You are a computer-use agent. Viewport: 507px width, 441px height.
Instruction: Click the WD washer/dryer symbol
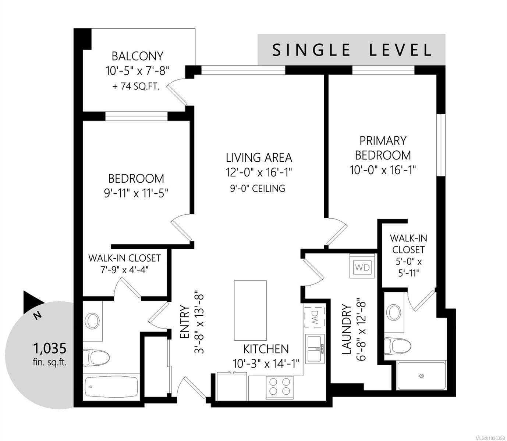pos(362,267)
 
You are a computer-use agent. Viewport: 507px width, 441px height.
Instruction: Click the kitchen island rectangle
pos(250,310)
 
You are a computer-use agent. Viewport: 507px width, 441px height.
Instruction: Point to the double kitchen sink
pos(315,348)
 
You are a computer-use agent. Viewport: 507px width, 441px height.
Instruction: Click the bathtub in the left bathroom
pos(111,387)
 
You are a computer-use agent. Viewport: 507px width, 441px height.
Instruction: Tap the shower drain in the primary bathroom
pos(421,376)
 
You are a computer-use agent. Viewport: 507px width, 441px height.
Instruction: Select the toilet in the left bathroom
pos(96,357)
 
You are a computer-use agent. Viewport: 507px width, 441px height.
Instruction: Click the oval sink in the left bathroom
pos(92,321)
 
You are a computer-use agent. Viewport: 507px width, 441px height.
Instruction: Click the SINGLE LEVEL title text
pos(352,50)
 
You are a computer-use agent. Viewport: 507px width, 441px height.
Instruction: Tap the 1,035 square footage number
pos(50,348)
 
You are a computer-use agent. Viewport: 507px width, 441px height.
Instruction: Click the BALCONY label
pos(137,56)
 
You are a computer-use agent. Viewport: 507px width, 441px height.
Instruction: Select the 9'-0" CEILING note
pos(258,189)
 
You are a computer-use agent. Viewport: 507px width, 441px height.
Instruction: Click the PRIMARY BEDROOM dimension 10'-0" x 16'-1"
pos(383,170)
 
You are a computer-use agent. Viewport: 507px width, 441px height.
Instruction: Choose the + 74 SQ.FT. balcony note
pos(136,86)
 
